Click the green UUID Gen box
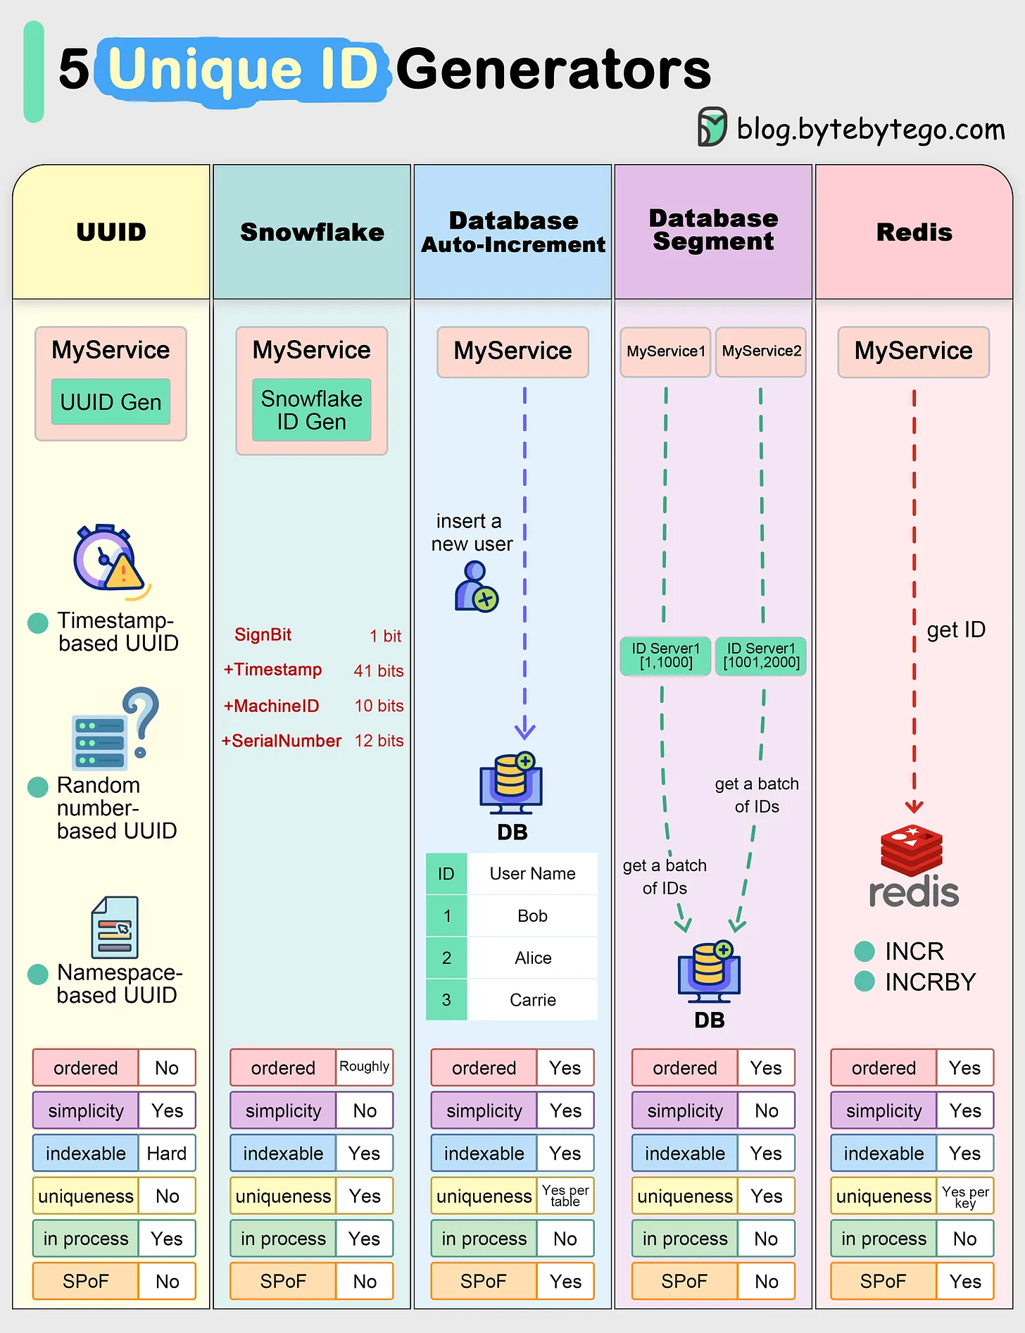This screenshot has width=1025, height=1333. pyautogui.click(x=111, y=402)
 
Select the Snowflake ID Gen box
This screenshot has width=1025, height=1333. pyautogui.click(x=311, y=410)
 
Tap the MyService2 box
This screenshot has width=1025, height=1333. pyautogui.click(x=761, y=351)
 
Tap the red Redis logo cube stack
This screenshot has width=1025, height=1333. pyautogui.click(x=912, y=850)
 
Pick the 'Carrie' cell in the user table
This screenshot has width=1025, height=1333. pyautogui.click(x=532, y=1000)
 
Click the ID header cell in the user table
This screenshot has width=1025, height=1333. pyautogui.click(x=446, y=874)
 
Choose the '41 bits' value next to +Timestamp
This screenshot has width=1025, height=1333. pyautogui.click(x=379, y=671)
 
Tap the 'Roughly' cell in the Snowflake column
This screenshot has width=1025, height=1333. pyautogui.click(x=364, y=1067)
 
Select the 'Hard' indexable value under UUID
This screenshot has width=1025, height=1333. pyautogui.click(x=167, y=1153)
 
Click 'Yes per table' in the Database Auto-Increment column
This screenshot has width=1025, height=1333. pyautogui.click(x=565, y=1196)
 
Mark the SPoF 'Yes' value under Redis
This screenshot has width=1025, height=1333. pyautogui.click(x=964, y=1282)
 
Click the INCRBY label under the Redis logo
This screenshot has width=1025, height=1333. pyautogui.click(x=930, y=982)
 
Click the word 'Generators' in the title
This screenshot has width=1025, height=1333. pyautogui.click(x=553, y=70)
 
